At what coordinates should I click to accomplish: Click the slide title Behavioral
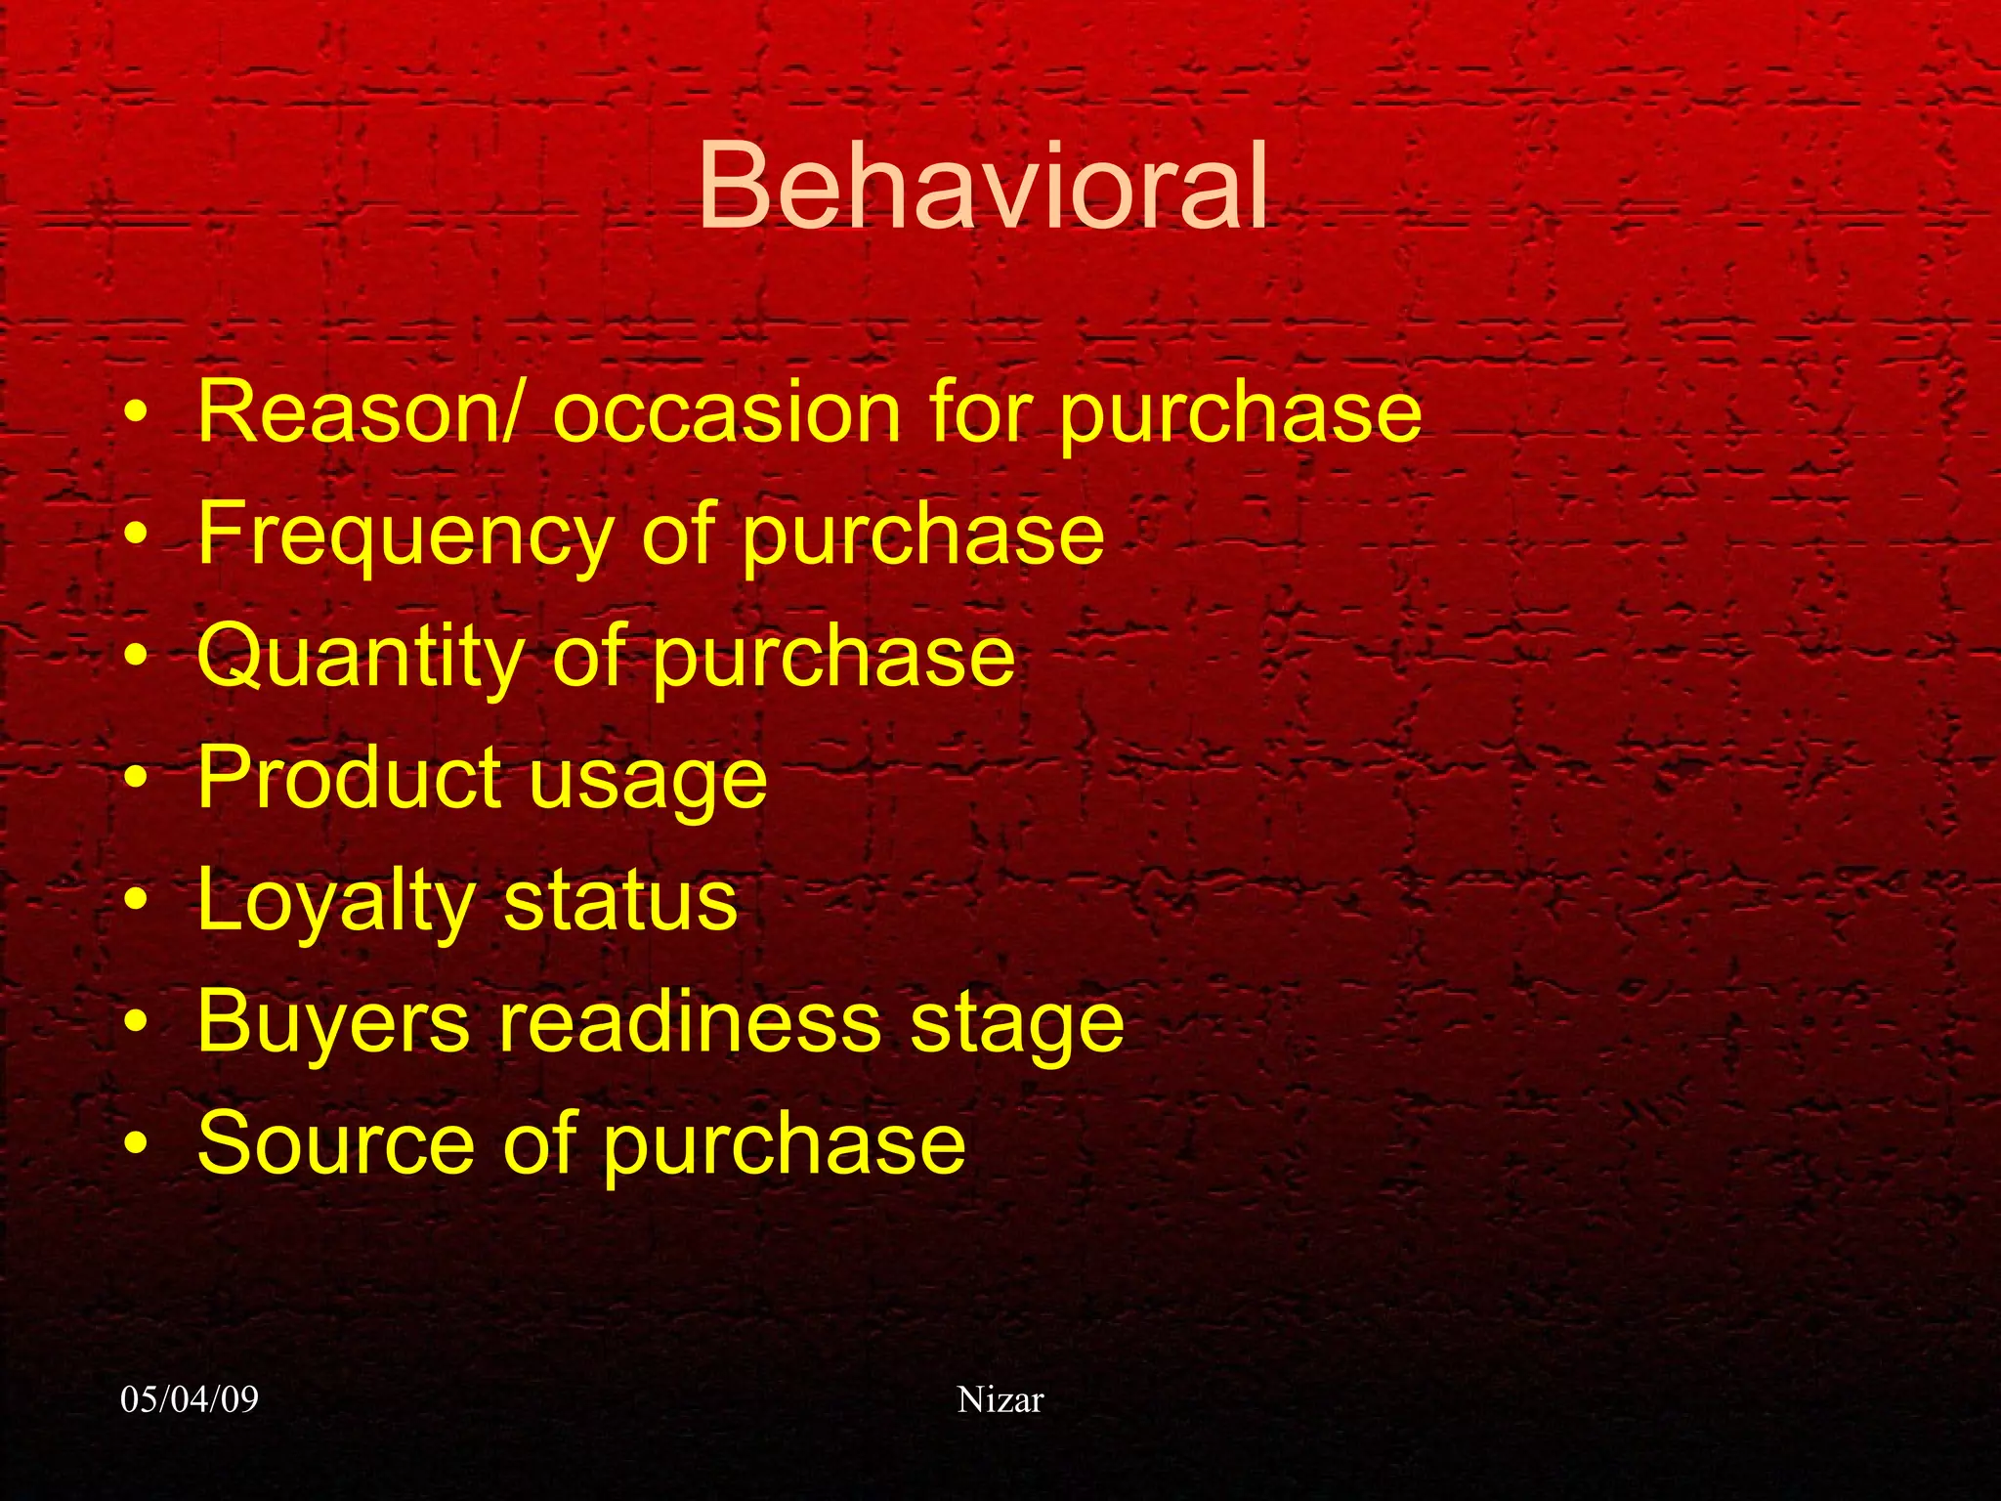[x=983, y=188]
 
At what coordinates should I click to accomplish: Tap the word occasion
[x=726, y=411]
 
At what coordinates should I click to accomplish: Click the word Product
[x=348, y=778]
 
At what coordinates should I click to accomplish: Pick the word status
[x=620, y=901]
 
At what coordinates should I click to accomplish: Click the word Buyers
[x=333, y=1023]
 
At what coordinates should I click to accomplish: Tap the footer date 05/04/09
[x=190, y=1399]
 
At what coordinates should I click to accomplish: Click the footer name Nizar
[x=1000, y=1399]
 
